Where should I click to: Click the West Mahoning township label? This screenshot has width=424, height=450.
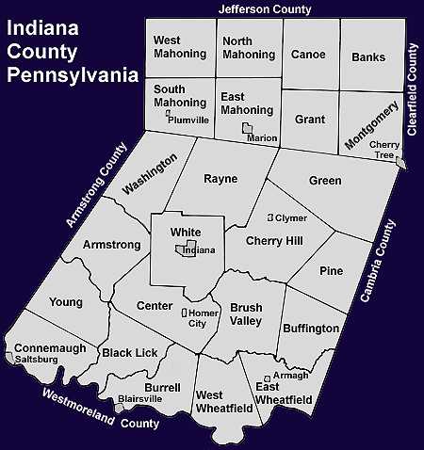180,47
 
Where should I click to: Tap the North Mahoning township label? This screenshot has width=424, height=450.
249,47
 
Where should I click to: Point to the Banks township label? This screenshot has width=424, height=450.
368,56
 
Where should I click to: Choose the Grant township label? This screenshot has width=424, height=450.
310,121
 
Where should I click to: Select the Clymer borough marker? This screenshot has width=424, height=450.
270,217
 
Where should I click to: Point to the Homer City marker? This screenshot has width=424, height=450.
183,312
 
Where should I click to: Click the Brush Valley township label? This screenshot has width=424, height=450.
246,313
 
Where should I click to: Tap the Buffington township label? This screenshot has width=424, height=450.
311,329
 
